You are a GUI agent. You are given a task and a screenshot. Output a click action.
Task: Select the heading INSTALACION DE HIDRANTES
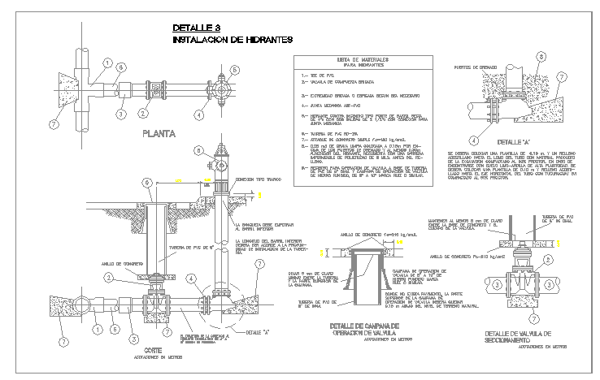click(x=233, y=39)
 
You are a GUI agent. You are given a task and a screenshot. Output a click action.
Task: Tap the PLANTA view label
click(x=163, y=134)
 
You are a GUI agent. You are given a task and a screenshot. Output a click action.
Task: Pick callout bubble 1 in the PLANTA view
click(x=107, y=63)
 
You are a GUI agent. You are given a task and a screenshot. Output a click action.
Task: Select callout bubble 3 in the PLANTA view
click(x=120, y=114)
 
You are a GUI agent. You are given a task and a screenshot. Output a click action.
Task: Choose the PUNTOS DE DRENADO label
click(x=476, y=67)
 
